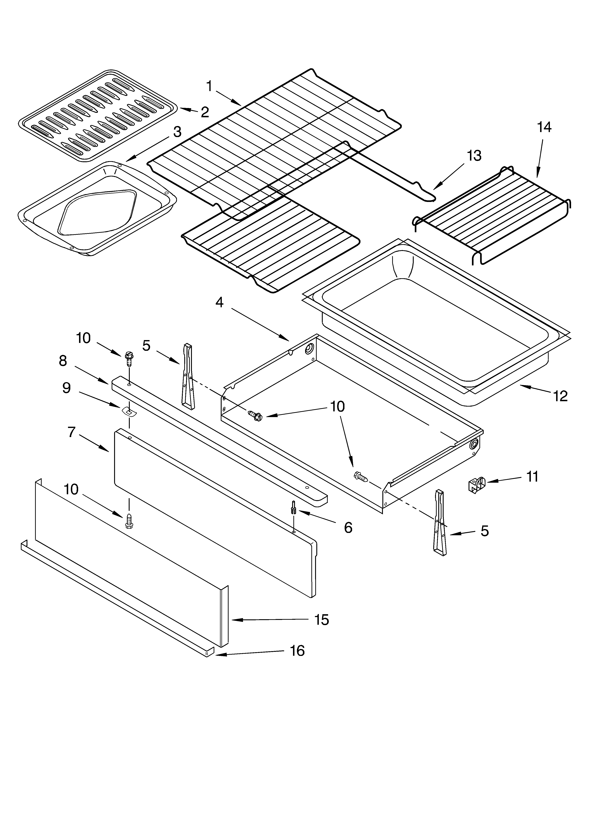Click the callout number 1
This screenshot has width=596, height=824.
click(x=209, y=86)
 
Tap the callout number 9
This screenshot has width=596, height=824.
click(x=66, y=388)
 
